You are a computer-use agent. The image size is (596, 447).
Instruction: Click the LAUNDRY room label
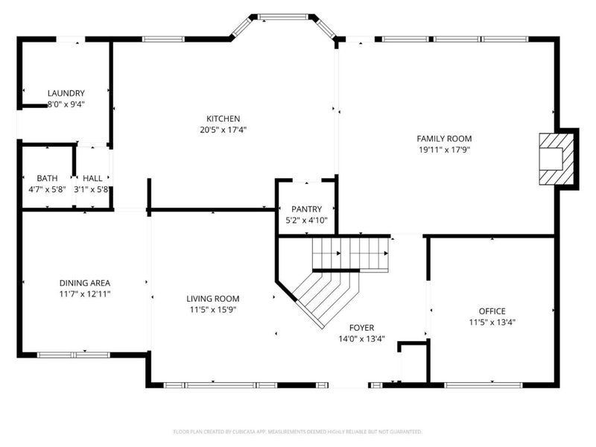pyautogui.click(x=66, y=93)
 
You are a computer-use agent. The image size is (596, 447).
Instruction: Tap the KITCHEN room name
pyautogui.click(x=223, y=118)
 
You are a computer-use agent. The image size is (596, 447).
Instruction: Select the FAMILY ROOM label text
pyautogui.click(x=443, y=139)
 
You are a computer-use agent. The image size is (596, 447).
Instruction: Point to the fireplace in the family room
pyautogui.click(x=557, y=158)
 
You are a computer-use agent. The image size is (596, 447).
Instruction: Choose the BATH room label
pyautogui.click(x=47, y=178)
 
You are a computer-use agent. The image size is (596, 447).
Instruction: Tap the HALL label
pyautogui.click(x=93, y=178)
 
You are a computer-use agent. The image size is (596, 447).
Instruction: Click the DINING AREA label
pyautogui.click(x=85, y=282)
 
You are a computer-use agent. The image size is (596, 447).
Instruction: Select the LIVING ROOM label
pyautogui.click(x=212, y=299)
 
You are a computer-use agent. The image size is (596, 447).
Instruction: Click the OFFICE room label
pyautogui.click(x=492, y=311)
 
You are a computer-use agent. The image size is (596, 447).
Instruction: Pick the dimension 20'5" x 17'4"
pyautogui.click(x=223, y=130)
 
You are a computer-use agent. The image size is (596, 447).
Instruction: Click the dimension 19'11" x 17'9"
pyautogui.click(x=443, y=149)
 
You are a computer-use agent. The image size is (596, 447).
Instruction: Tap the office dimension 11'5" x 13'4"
pyautogui.click(x=492, y=322)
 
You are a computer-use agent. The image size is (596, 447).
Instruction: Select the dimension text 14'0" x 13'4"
pyautogui.click(x=362, y=337)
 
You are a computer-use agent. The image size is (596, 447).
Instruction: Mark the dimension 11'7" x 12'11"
pyautogui.click(x=85, y=294)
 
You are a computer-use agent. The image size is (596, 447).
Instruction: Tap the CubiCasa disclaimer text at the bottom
pyautogui.click(x=297, y=431)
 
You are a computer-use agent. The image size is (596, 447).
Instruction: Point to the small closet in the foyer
pyautogui.click(x=412, y=365)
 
